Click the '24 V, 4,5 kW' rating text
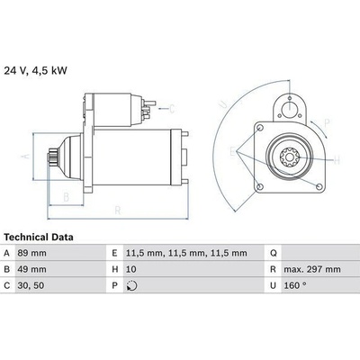[35, 71]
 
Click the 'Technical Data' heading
[39, 238]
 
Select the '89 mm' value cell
[31, 253]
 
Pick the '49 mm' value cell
[31, 269]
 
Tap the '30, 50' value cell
[31, 285]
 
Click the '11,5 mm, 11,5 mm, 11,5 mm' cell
[186, 253]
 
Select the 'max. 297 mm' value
[312, 269]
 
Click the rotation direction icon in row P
[132, 285]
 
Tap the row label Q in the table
[273, 254]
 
